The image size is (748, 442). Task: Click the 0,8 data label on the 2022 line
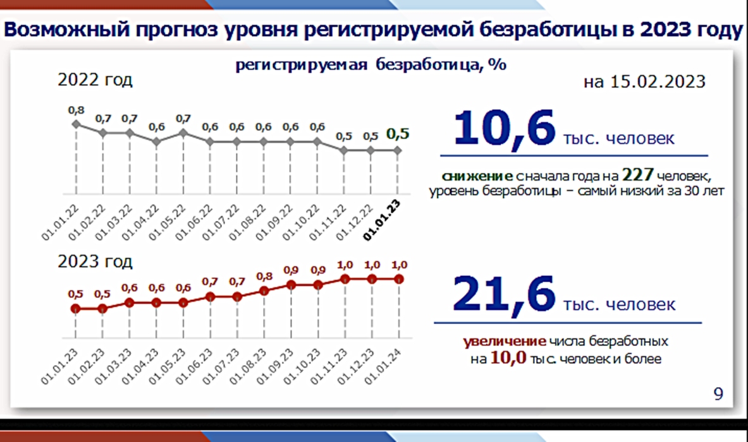click(x=76, y=110)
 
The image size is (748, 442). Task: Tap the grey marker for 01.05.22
click(x=183, y=133)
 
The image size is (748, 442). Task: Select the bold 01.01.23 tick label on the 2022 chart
click(x=382, y=220)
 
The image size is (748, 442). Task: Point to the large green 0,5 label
click(x=398, y=134)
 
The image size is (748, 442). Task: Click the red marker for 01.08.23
click(x=264, y=291)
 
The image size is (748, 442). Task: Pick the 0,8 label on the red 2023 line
click(x=264, y=277)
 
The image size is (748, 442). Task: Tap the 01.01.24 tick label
click(x=383, y=366)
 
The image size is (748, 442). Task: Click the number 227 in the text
click(x=637, y=175)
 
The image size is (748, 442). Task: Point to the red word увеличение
click(x=504, y=341)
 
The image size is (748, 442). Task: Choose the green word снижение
click(x=477, y=176)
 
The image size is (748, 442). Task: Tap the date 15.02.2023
click(x=658, y=81)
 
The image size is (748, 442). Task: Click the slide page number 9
click(x=718, y=393)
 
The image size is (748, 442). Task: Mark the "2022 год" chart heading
click(x=95, y=80)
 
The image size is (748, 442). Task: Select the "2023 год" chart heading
click(x=95, y=261)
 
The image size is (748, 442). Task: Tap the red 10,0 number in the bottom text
click(x=508, y=357)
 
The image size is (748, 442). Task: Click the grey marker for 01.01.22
click(x=76, y=124)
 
